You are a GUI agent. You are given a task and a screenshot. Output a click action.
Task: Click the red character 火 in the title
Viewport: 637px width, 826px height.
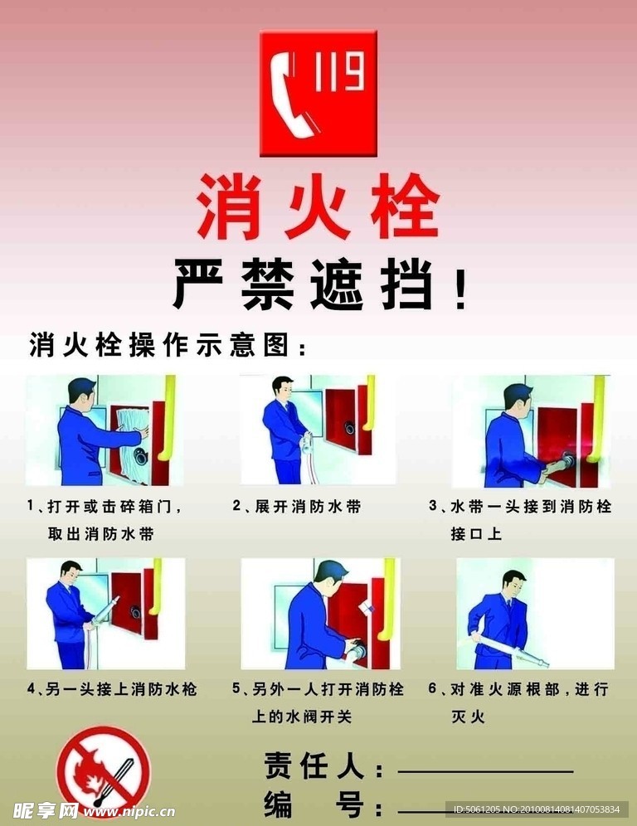click(x=317, y=206)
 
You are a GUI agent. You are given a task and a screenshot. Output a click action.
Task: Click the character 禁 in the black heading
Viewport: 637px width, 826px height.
click(x=268, y=284)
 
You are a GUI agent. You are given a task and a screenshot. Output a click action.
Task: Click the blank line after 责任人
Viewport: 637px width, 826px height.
click(x=485, y=772)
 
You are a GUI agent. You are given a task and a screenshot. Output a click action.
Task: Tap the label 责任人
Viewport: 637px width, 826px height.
click(x=314, y=765)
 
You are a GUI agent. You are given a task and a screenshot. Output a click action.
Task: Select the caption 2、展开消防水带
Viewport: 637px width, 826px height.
click(x=297, y=506)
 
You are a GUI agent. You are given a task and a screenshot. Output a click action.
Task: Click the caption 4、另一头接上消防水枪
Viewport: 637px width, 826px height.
click(x=112, y=688)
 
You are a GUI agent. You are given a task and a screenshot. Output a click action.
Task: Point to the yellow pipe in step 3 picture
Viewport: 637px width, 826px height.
click(x=597, y=419)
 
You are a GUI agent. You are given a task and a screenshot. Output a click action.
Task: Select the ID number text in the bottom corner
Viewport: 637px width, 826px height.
click(x=537, y=809)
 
